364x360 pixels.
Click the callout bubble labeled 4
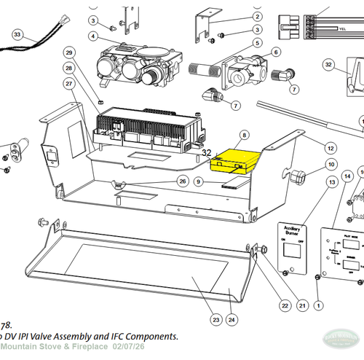pyautogui.click(x=94, y=36)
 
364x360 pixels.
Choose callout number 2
pyautogui.click(x=258, y=16)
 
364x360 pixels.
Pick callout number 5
pyautogui.click(x=257, y=42)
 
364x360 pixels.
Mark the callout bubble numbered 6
pyautogui.click(x=275, y=52)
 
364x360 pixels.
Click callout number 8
pyautogui.click(x=245, y=136)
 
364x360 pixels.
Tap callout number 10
pyautogui.click(x=331, y=165)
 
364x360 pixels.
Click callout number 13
pyautogui.click(x=332, y=181)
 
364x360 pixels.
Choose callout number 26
pyautogui.click(x=183, y=181)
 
